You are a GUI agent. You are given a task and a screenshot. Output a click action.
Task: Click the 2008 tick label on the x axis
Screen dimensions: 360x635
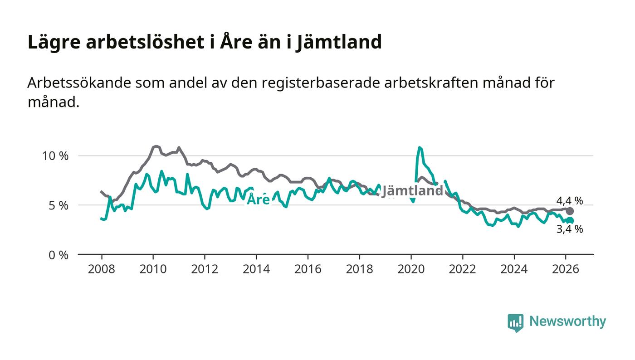click(101, 269)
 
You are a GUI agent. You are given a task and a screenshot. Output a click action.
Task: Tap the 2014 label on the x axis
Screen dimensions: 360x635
click(256, 269)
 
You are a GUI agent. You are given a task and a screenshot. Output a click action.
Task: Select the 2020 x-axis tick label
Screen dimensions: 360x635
click(411, 269)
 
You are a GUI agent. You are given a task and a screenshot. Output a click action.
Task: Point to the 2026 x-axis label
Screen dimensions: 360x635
click(566, 269)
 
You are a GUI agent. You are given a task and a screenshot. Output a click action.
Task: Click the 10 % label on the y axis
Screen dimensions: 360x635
click(55, 156)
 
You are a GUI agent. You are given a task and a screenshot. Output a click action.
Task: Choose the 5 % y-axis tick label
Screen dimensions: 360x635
click(58, 205)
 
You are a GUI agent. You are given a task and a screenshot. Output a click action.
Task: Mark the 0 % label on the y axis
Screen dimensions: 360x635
click(58, 255)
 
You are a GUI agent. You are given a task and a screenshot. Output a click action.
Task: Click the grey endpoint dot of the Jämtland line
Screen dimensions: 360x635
click(570, 211)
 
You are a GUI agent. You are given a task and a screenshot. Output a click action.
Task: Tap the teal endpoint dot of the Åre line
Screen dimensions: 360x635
click(570, 220)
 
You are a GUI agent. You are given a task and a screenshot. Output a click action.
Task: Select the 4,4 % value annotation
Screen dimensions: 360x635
click(569, 201)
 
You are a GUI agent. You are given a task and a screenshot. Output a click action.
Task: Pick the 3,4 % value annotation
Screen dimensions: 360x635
click(569, 229)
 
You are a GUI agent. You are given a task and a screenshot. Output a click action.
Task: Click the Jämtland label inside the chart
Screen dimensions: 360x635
click(412, 191)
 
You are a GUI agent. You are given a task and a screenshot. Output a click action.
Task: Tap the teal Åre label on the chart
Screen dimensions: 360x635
click(258, 199)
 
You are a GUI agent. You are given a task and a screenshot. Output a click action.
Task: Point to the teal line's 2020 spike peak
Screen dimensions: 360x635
click(420, 147)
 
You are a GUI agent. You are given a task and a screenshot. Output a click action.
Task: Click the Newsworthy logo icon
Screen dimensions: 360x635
click(515, 322)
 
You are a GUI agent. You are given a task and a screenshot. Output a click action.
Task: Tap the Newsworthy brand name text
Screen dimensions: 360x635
click(567, 321)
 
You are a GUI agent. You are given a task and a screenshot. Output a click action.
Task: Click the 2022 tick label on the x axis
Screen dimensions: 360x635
click(463, 269)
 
